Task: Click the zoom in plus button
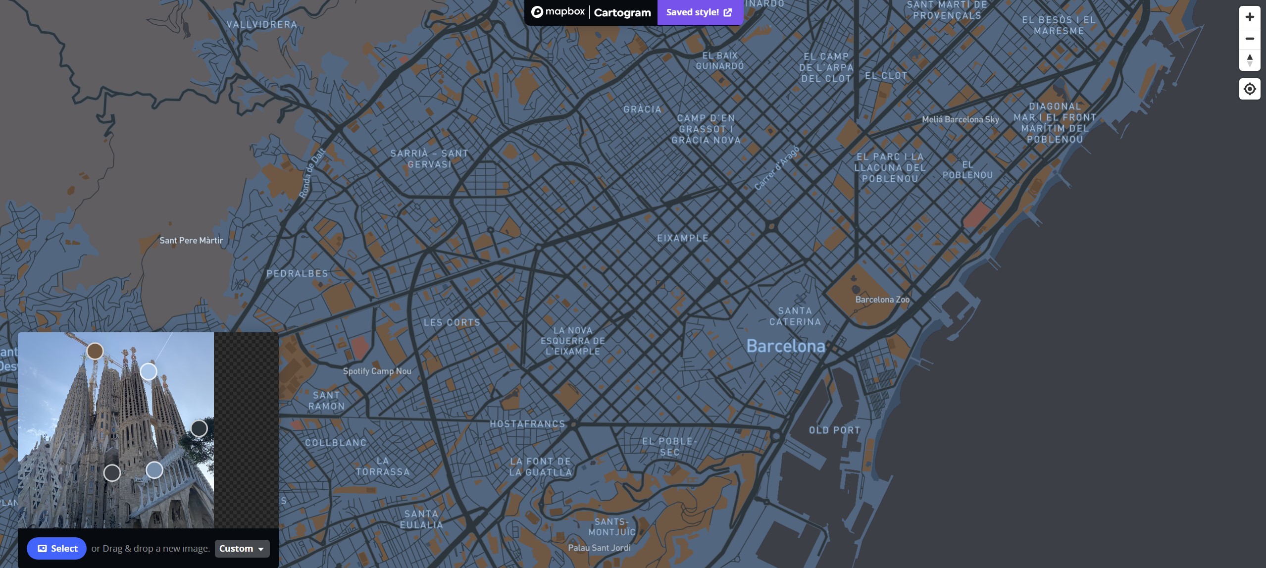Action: pos(1250,17)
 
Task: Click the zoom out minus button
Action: pos(1250,39)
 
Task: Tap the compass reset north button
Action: pos(1250,60)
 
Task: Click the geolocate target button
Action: pos(1250,89)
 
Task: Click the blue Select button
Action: pos(56,548)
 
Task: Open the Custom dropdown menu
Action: pos(242,548)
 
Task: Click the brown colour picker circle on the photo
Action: pos(95,351)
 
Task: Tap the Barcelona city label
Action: pos(785,346)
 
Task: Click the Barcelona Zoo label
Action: pos(882,300)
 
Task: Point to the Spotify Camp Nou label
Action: pos(377,371)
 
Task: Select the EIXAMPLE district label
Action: pos(682,238)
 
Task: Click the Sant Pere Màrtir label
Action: pos(191,240)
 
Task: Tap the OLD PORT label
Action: pos(834,430)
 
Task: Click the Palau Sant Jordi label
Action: pos(599,548)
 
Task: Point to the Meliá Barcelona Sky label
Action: pos(960,119)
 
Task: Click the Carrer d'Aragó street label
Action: pos(776,168)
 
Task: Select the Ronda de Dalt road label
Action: pos(312,173)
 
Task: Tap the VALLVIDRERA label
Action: pos(262,24)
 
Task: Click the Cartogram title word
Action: pos(622,12)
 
